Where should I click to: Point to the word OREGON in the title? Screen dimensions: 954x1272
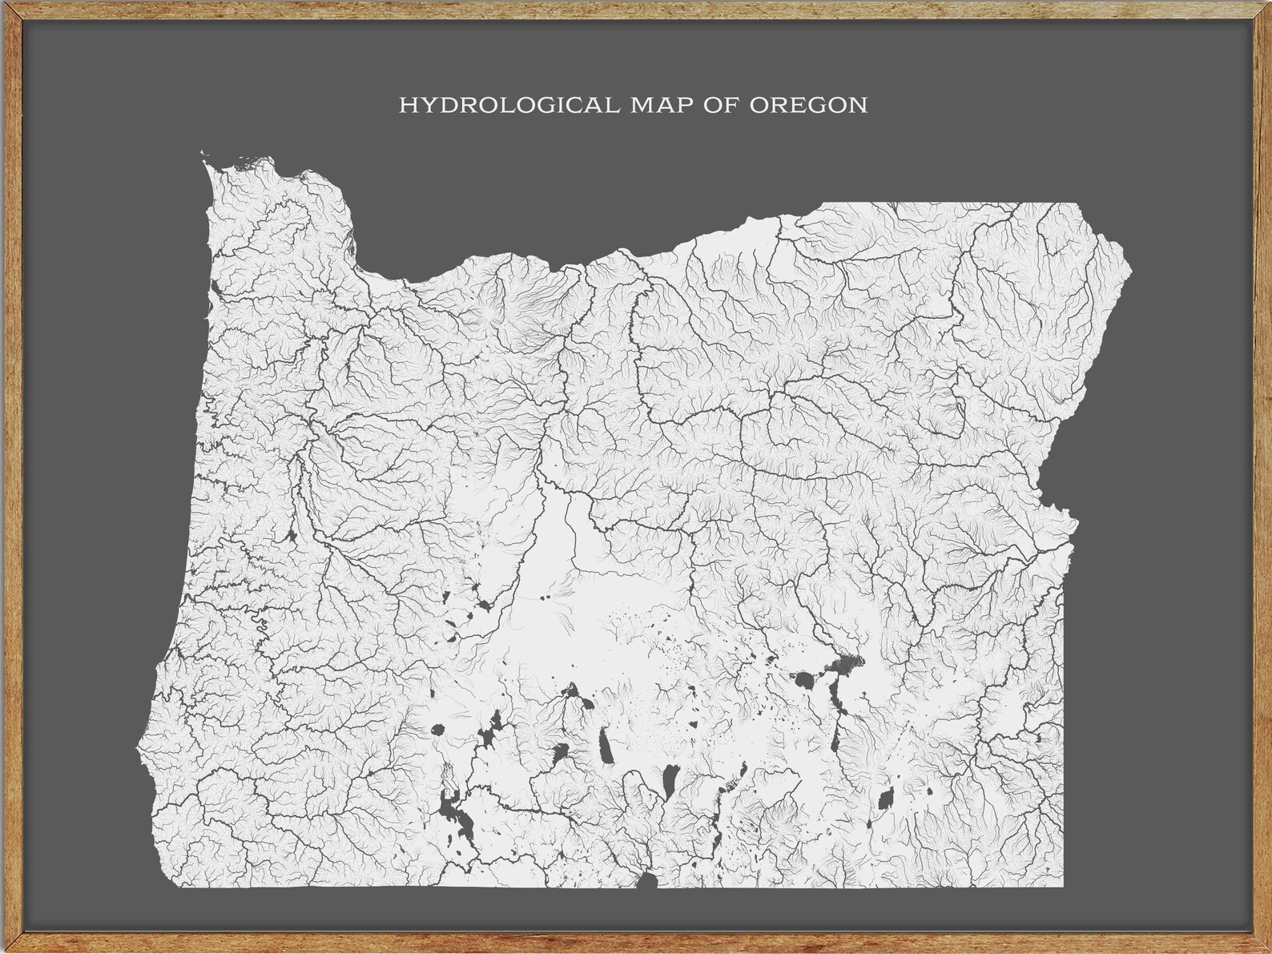point(808,106)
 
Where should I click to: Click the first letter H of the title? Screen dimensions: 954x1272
point(407,106)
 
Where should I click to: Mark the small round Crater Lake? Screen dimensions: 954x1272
point(437,730)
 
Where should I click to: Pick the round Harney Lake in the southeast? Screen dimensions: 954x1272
point(803,682)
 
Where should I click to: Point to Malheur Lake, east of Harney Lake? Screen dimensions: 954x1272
point(845,664)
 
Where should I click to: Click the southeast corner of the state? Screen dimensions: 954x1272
point(1064,887)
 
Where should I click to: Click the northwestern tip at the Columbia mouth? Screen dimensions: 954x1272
point(205,157)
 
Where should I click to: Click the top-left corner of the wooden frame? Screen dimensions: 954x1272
point(5,5)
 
